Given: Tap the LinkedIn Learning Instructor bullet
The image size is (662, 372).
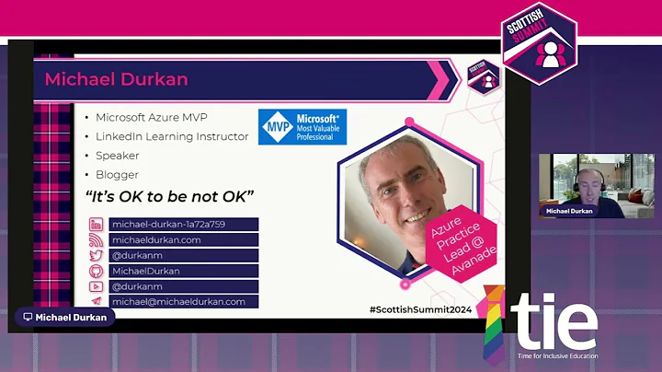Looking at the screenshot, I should pos(172,136).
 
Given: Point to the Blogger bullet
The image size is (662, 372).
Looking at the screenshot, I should pos(117,174).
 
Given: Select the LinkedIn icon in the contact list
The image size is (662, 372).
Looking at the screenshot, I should pos(97,224).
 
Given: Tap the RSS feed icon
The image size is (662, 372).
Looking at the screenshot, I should pos(97,239).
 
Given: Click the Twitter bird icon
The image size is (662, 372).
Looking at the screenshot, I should pos(97,255).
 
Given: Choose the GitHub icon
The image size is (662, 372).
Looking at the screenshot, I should pos(97,271).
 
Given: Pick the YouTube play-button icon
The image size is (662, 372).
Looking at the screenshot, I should pos(97,286).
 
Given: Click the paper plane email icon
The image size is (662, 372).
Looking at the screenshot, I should pos(97,301).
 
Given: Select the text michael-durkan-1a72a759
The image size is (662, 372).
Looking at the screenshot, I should pos(168,224).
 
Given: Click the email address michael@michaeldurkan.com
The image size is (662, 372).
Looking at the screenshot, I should pos(178,301).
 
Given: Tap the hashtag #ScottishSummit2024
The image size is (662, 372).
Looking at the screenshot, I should pos(419,308).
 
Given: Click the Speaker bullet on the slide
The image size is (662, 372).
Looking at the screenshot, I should pos(117,156).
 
